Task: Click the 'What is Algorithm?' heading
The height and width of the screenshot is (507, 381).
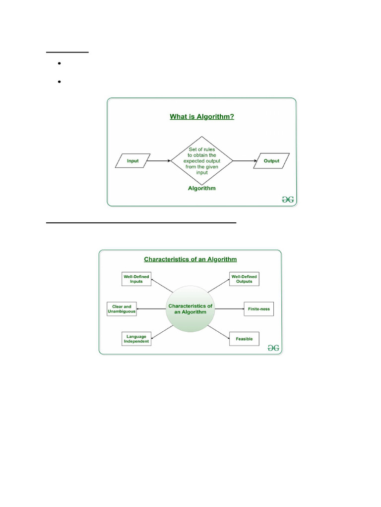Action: click(202, 117)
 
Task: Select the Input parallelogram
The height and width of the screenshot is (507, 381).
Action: click(132, 161)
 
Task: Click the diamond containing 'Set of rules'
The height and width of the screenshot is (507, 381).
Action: click(202, 160)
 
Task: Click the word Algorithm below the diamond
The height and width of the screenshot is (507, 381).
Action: click(202, 189)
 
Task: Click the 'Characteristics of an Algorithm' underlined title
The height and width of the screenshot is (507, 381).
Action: click(190, 259)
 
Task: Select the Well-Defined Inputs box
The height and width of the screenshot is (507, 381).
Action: click(136, 279)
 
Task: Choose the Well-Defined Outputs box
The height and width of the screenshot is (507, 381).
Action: click(244, 279)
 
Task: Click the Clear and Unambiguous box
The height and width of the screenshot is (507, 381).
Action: click(122, 309)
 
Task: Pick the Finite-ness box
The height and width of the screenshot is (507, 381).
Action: click(258, 309)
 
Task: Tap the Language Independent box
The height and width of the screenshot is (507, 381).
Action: click(136, 339)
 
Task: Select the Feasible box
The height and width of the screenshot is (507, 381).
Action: click(245, 339)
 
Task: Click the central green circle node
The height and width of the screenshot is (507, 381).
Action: click(190, 309)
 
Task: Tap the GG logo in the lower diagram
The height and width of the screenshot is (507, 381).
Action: click(273, 348)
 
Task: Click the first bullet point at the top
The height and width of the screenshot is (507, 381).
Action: click(59, 64)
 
